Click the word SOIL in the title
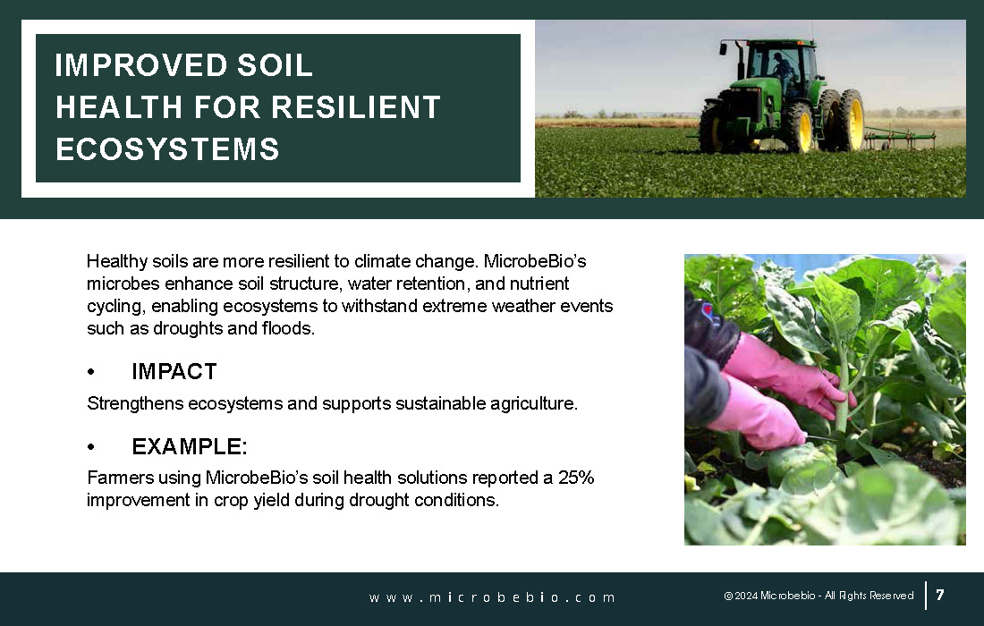pos(275,65)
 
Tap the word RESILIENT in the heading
pos(356,107)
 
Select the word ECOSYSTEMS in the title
pos(167,149)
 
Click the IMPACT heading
pos(174,371)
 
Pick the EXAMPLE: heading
pos(190,446)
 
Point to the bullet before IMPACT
pos(91,372)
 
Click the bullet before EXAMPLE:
pos(91,447)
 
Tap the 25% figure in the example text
pos(576,478)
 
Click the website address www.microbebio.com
pos(492,597)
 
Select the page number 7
pos(940,595)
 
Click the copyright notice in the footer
pos(819,596)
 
